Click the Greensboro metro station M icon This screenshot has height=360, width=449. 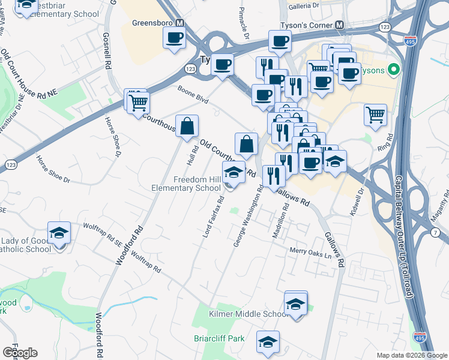click(x=179, y=23)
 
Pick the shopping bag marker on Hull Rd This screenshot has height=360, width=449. click(x=187, y=126)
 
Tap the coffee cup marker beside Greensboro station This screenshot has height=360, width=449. click(x=175, y=39)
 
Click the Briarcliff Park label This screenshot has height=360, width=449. click(x=219, y=338)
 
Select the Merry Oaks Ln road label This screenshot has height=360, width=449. click(x=310, y=254)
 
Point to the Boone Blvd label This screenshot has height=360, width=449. click(x=193, y=95)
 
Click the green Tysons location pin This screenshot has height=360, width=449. click(x=394, y=70)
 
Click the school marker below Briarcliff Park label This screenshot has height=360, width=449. click(x=268, y=342)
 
